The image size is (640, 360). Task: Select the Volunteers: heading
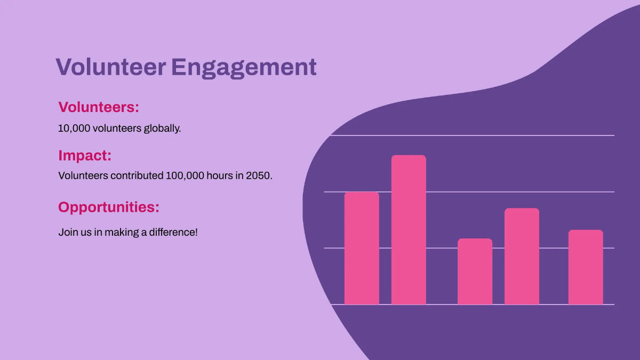98,107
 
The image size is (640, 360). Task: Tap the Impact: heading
85,156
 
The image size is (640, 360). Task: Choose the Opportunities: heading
108,207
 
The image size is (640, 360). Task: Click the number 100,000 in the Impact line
185,175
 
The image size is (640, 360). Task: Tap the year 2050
259,175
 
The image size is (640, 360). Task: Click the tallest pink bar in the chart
409,229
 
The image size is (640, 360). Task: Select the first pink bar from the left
362,248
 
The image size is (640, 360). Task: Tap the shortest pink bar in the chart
475,271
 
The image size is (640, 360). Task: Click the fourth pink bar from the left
522,256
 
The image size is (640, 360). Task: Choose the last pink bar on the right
586,267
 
